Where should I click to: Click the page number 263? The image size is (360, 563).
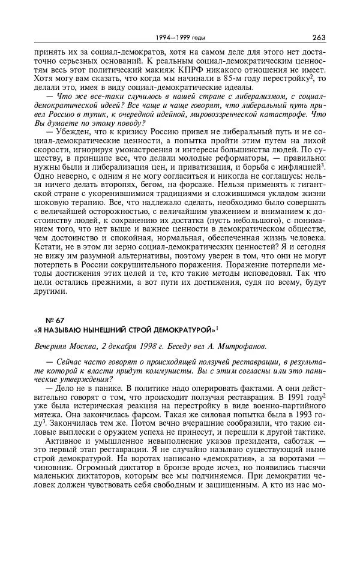[319, 38]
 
